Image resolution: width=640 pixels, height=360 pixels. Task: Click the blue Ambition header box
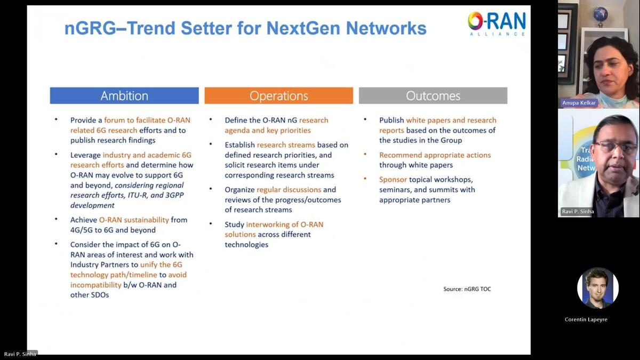click(124, 96)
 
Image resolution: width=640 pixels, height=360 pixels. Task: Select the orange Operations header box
click(278, 96)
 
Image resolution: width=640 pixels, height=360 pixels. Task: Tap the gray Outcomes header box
click(433, 96)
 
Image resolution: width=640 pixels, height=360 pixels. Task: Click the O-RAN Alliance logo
click(497, 23)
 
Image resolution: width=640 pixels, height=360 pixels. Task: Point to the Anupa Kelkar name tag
click(579, 102)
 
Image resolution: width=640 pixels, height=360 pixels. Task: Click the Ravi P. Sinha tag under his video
click(578, 212)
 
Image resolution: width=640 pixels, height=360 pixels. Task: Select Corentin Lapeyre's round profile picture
click(598, 288)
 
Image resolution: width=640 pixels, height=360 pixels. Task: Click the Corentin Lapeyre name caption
click(586, 319)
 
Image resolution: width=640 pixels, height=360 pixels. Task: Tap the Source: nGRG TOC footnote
click(467, 289)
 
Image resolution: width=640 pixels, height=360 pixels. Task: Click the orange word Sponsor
click(393, 180)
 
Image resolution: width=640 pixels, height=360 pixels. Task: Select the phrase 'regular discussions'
click(289, 190)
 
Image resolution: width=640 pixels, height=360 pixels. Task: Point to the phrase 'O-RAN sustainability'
click(134, 220)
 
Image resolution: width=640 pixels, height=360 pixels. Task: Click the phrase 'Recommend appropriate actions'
click(435, 155)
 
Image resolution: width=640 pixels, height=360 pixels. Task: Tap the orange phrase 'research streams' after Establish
click(286, 145)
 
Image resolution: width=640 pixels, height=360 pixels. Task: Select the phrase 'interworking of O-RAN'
click(284, 225)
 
